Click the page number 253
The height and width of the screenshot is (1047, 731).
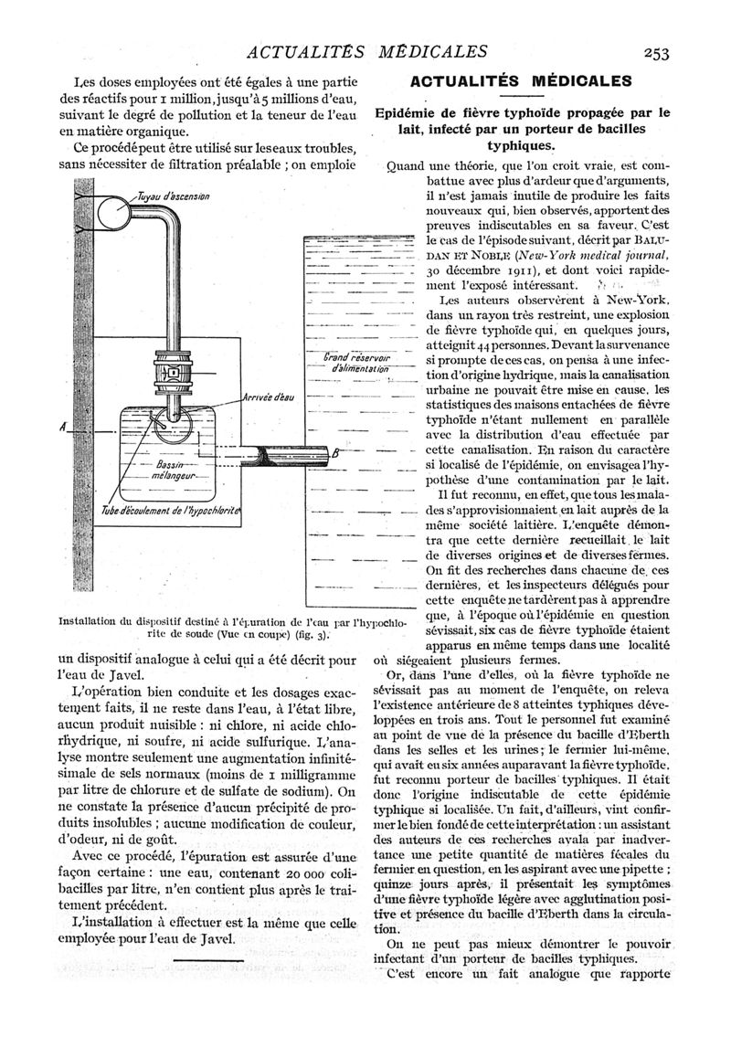tap(657, 52)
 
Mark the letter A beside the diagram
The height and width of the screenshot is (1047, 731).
tap(60, 428)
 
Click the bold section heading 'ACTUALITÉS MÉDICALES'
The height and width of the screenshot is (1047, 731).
tap(527, 81)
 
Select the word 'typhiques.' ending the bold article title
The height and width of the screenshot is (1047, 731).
tap(526, 145)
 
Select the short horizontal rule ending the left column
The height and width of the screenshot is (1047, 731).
tap(208, 961)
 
